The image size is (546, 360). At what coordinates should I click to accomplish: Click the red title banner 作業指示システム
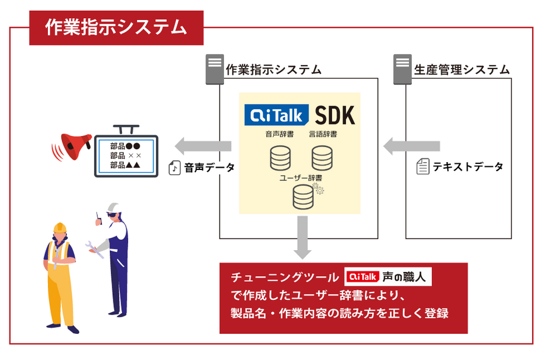point(116,27)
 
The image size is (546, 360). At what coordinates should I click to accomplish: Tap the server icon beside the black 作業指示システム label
point(214,69)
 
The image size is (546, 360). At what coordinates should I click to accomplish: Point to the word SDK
point(335,115)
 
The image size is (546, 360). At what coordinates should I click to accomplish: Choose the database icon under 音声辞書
point(280,158)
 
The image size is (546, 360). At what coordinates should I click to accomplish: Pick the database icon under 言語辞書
point(322,158)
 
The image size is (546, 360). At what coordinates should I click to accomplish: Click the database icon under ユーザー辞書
point(303,197)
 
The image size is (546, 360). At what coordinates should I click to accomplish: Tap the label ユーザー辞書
point(300,178)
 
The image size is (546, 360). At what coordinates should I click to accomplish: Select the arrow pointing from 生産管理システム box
point(411,146)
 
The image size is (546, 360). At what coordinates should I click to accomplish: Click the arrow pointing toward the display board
point(203,146)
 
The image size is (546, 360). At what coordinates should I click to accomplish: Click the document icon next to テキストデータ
point(422,166)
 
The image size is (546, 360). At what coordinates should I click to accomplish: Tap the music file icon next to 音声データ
point(175,168)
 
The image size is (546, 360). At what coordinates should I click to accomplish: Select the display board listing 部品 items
point(126,155)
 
